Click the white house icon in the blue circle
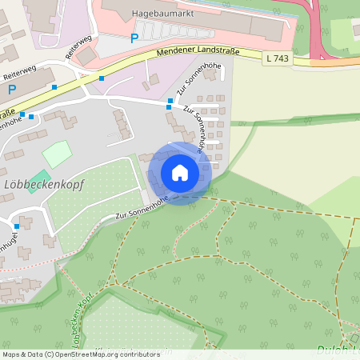[179, 173]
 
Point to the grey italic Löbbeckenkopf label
[43, 183]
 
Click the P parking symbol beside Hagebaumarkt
[134, 38]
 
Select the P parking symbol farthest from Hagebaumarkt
[12, 91]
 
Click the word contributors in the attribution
[135, 354]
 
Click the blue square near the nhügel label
[17, 226]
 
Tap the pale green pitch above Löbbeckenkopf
[56, 154]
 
